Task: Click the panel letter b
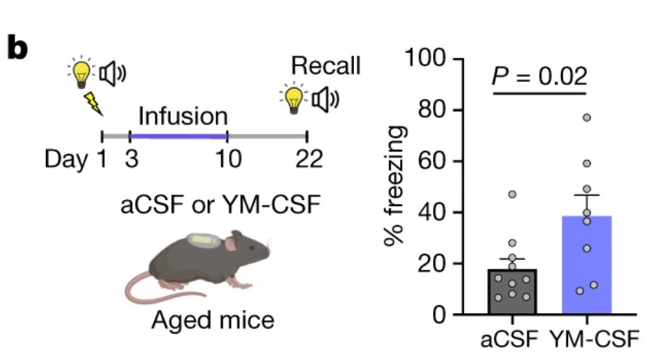[17, 48]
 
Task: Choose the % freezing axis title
[396, 187]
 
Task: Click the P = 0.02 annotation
[539, 77]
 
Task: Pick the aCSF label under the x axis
[510, 339]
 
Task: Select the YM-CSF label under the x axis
[592, 339]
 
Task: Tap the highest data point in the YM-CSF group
[586, 117]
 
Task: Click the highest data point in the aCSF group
[512, 194]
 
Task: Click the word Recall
[326, 65]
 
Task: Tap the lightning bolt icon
[94, 102]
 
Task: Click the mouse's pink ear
[231, 244]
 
